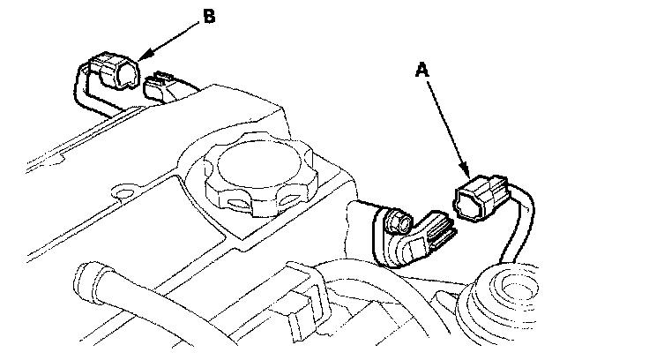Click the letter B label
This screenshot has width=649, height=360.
(x=209, y=15)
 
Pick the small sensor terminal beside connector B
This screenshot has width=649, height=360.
(x=159, y=86)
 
